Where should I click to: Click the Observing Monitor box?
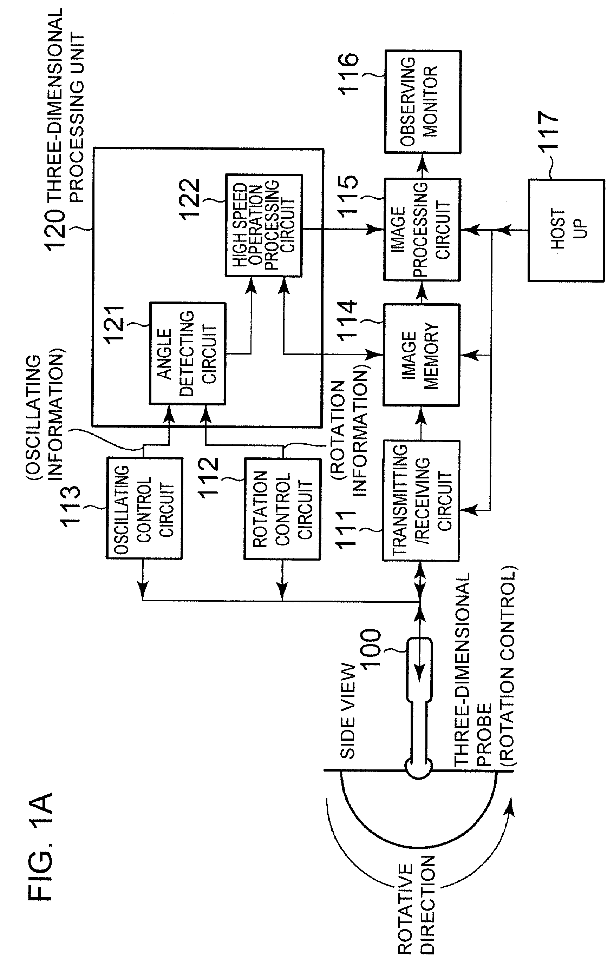pos(422,101)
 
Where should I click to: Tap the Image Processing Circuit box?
pos(422,230)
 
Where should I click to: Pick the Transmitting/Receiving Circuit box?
pos(420,500)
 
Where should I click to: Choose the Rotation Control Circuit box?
pos(282,509)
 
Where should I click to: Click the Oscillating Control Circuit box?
pos(144,508)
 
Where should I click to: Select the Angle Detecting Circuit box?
pos(188,353)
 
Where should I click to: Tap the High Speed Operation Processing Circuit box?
pos(264,225)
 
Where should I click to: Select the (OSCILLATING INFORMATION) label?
pos(45,417)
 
